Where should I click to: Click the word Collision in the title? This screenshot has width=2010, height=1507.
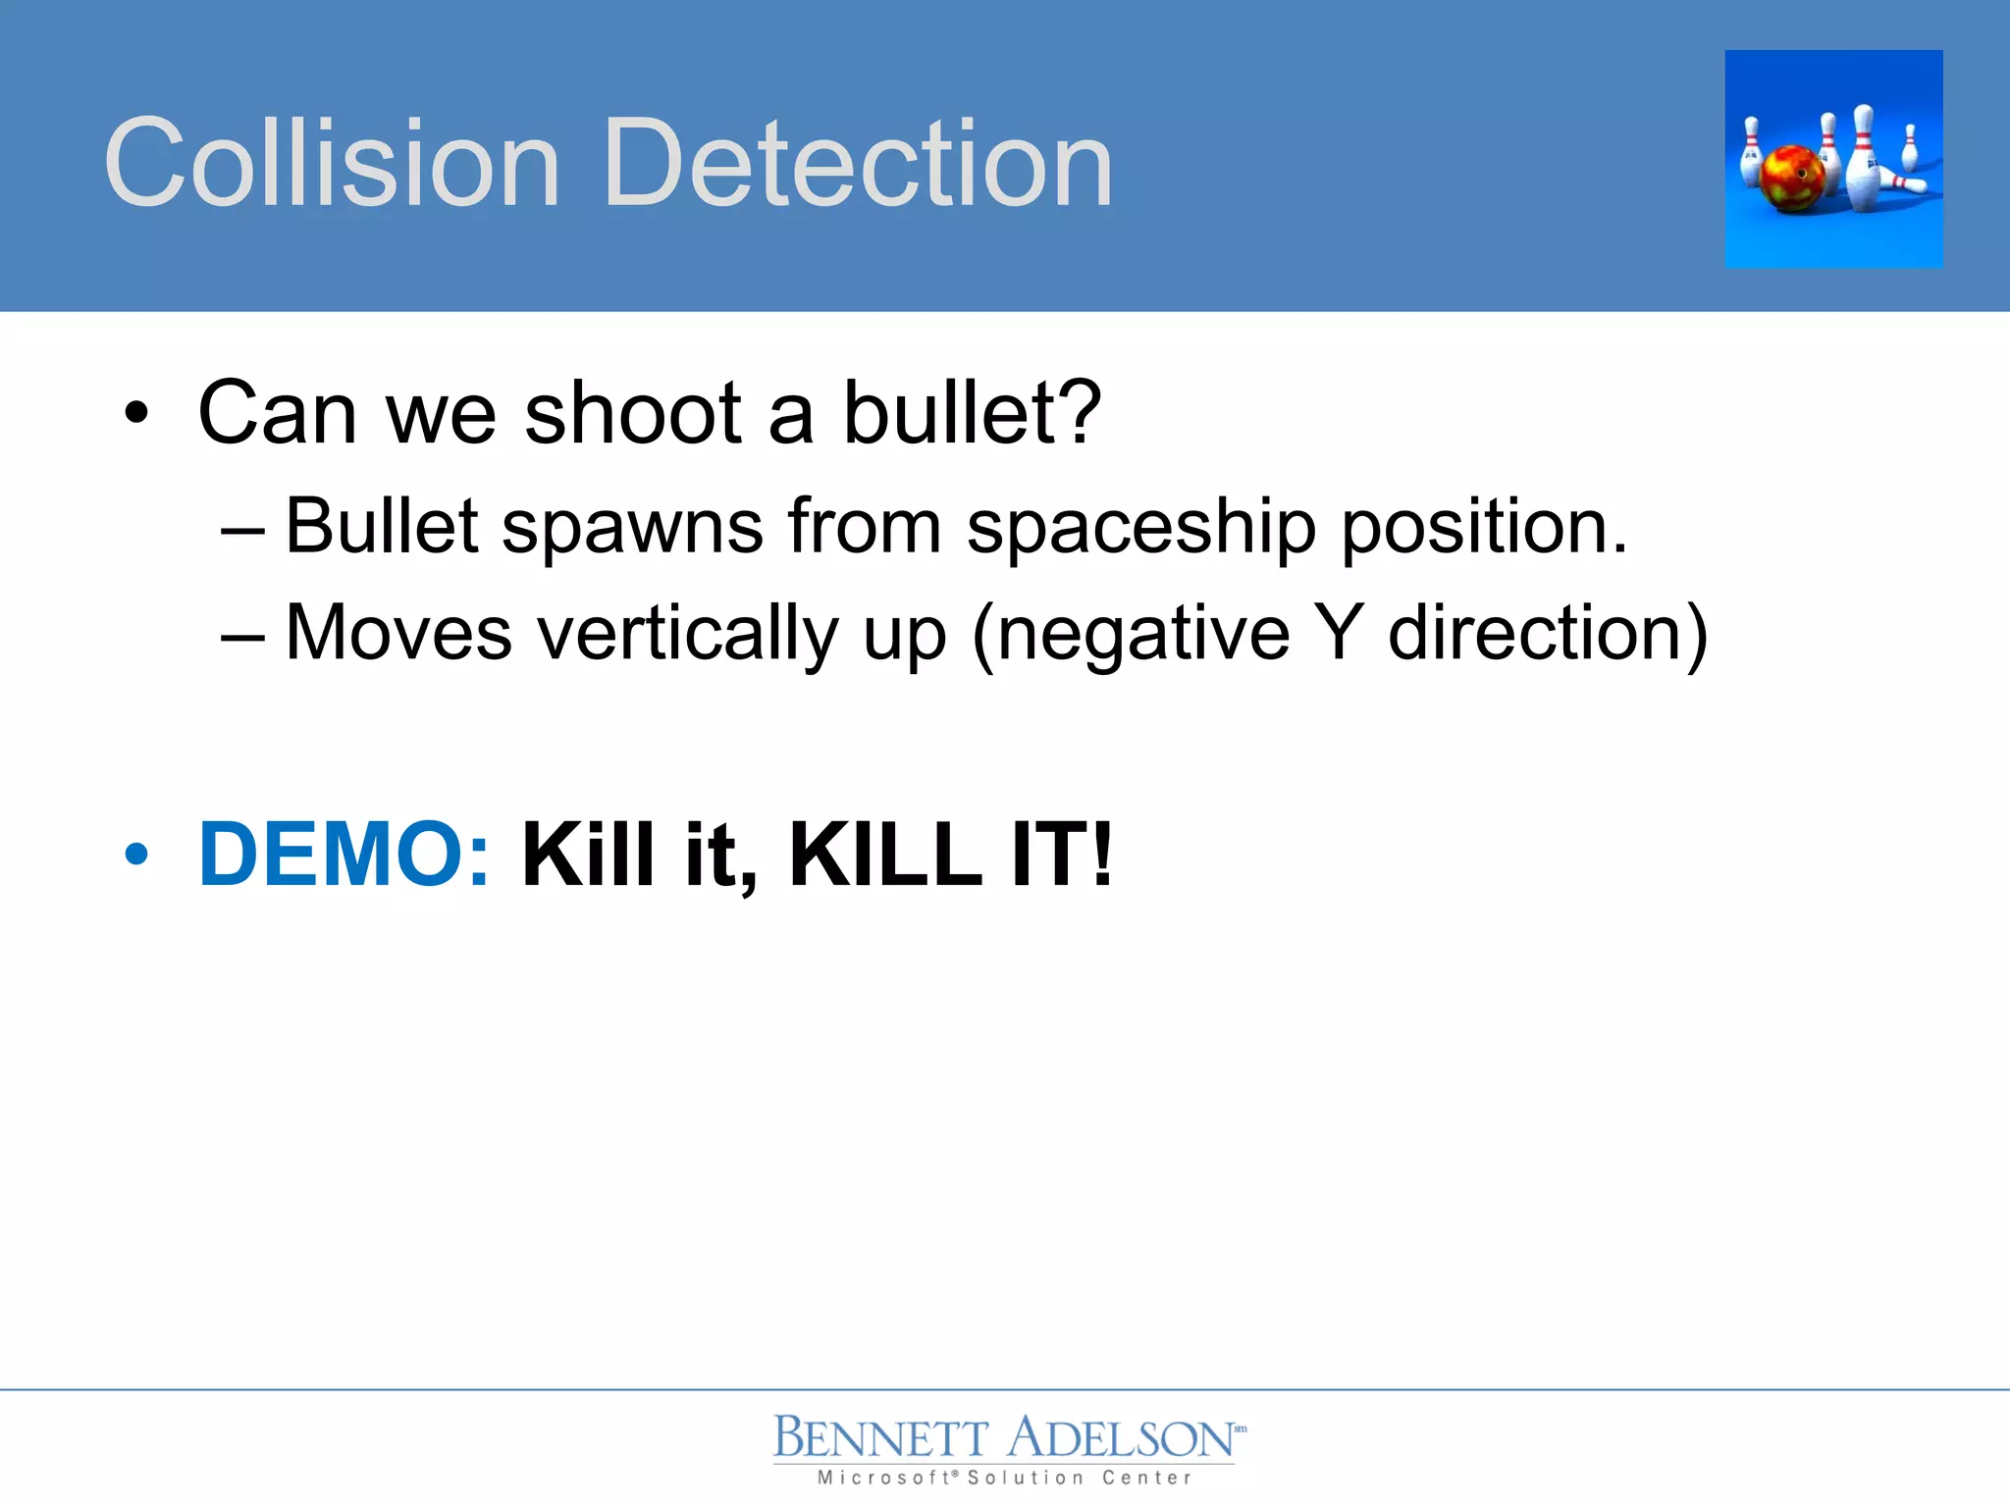332,163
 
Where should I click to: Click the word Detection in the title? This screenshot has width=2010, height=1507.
859,163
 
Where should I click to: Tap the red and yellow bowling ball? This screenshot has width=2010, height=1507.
1792,179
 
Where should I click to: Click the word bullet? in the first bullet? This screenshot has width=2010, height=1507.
972,413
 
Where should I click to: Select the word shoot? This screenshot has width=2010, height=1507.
633,413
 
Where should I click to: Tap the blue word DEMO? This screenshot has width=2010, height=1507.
344,855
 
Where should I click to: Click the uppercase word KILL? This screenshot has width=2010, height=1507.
885,855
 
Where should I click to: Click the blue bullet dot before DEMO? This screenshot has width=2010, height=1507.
136,855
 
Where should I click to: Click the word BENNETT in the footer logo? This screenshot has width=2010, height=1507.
880,1438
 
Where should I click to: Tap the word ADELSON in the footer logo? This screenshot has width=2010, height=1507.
1121,1438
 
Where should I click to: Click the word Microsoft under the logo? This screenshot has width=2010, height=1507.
882,1478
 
